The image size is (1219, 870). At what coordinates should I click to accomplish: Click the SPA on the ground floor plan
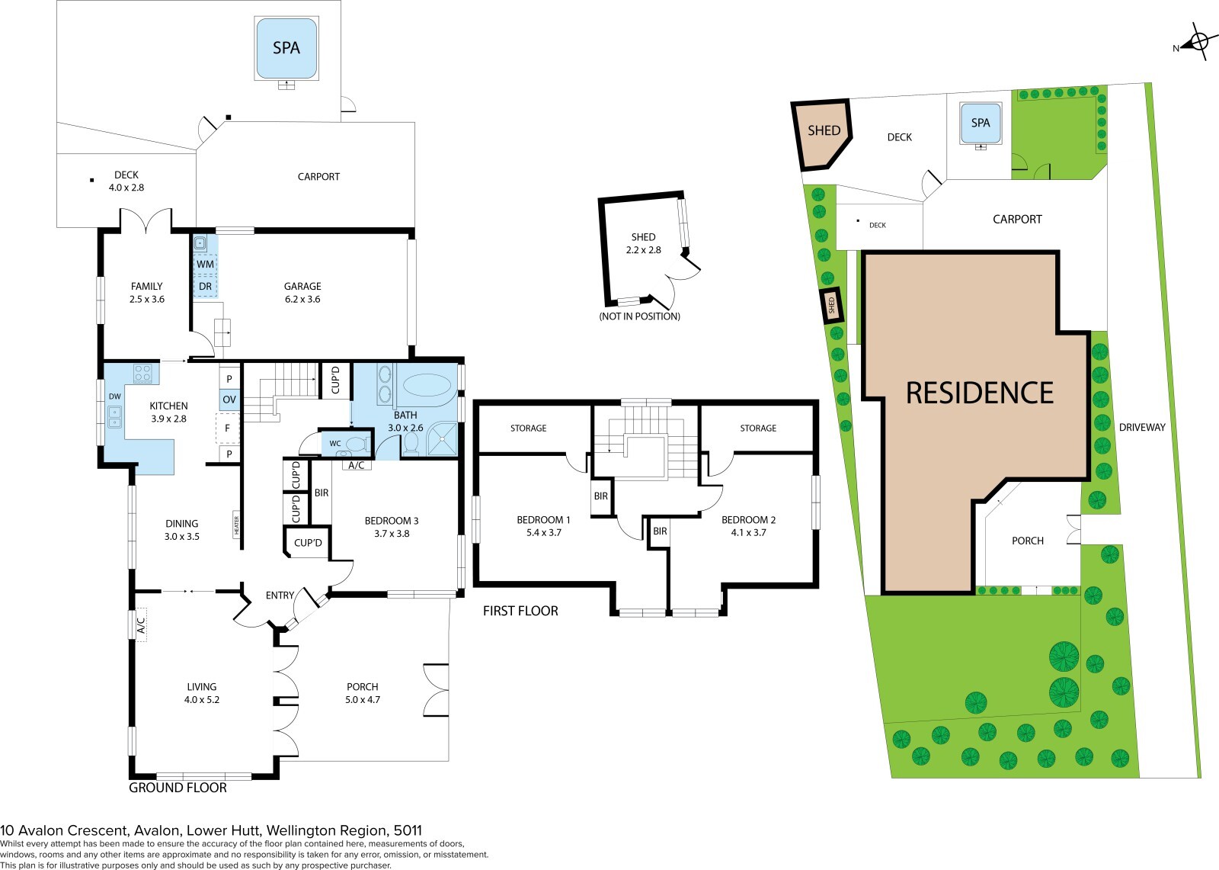[286, 48]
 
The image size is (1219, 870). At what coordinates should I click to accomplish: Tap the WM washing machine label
[205, 265]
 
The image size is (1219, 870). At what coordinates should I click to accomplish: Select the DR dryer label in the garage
[205, 287]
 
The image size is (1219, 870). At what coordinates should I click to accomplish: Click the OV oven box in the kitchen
[229, 400]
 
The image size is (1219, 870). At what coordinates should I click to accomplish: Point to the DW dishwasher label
[115, 396]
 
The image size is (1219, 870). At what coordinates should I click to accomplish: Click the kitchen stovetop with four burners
[143, 373]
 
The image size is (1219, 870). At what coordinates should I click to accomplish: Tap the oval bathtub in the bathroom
[427, 385]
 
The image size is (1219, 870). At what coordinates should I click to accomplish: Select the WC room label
[335, 444]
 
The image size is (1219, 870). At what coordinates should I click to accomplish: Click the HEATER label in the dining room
[237, 525]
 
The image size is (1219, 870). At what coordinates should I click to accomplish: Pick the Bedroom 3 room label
[392, 521]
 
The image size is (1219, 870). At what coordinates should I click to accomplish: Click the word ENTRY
[280, 596]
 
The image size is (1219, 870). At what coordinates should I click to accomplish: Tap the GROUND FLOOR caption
[178, 788]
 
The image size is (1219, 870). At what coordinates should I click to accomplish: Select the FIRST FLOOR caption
[521, 612]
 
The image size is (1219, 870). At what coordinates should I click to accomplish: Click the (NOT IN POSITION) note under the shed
[639, 316]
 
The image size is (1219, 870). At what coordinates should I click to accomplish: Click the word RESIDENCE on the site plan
[980, 393]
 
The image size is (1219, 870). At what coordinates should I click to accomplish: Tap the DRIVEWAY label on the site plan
[1142, 428]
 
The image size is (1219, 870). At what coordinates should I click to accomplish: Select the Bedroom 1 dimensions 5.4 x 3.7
[544, 533]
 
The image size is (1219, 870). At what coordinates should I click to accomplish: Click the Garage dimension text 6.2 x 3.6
[302, 299]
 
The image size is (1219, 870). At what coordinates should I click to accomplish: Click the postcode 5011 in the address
[408, 831]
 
